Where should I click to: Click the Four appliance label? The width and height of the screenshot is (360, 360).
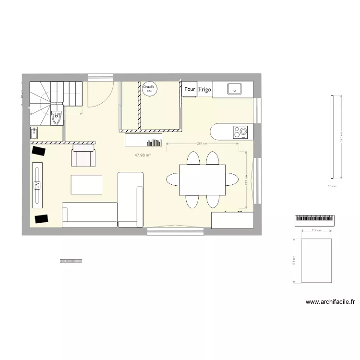click(x=190, y=89)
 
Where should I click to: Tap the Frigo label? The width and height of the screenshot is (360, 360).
click(x=204, y=89)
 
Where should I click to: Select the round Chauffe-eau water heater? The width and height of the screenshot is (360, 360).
click(x=149, y=88)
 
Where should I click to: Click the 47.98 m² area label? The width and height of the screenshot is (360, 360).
click(x=143, y=155)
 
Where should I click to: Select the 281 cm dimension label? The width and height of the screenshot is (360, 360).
click(x=202, y=143)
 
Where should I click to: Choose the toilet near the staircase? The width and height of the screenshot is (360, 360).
click(x=57, y=116)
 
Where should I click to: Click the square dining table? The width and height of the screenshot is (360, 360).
click(x=202, y=180)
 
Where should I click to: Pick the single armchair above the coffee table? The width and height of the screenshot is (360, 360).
click(x=84, y=158)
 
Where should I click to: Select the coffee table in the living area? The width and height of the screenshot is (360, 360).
click(x=86, y=185)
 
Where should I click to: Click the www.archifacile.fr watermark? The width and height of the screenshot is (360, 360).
click(x=330, y=302)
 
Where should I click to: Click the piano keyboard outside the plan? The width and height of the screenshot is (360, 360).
click(x=314, y=220)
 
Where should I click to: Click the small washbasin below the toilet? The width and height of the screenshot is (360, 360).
click(x=35, y=132)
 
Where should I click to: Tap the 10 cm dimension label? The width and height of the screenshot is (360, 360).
click(x=332, y=186)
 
